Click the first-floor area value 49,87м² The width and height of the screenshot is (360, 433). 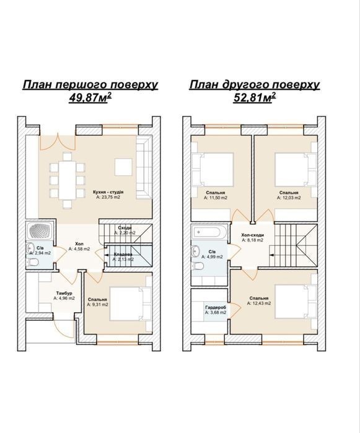tap(90, 97)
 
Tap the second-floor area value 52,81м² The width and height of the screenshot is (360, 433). tap(255, 97)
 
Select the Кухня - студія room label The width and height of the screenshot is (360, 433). tap(108, 192)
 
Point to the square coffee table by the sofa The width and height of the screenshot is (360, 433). tap(123, 167)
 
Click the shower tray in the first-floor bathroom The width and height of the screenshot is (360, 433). tap(41, 230)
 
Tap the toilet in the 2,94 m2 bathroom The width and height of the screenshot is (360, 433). tap(33, 262)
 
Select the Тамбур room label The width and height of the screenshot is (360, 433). tap(64, 293)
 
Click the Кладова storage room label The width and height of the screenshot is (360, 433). tap(123, 255)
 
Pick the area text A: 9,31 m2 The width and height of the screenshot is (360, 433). tap(97, 305)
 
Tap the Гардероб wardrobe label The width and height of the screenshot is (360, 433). tap(216, 307)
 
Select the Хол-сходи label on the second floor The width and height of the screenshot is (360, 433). tap(253, 235)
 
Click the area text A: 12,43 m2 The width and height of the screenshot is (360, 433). tap(259, 303)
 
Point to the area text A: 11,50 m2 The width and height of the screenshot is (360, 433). tap(215, 198)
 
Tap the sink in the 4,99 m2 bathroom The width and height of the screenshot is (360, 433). tap(196, 251)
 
